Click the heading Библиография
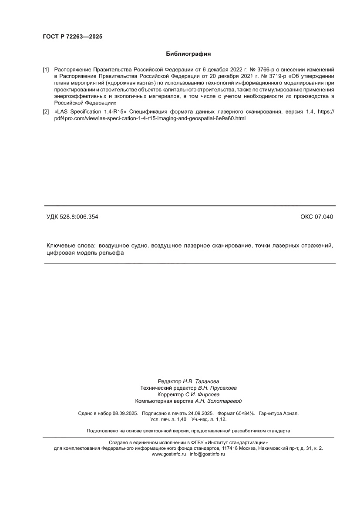(x=188, y=54)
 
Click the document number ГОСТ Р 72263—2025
(x=72, y=37)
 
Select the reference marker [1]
(x=46, y=70)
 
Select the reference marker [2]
(x=46, y=112)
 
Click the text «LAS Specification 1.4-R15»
(x=91, y=112)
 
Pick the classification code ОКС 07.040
(x=316, y=217)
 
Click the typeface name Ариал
(x=292, y=413)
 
